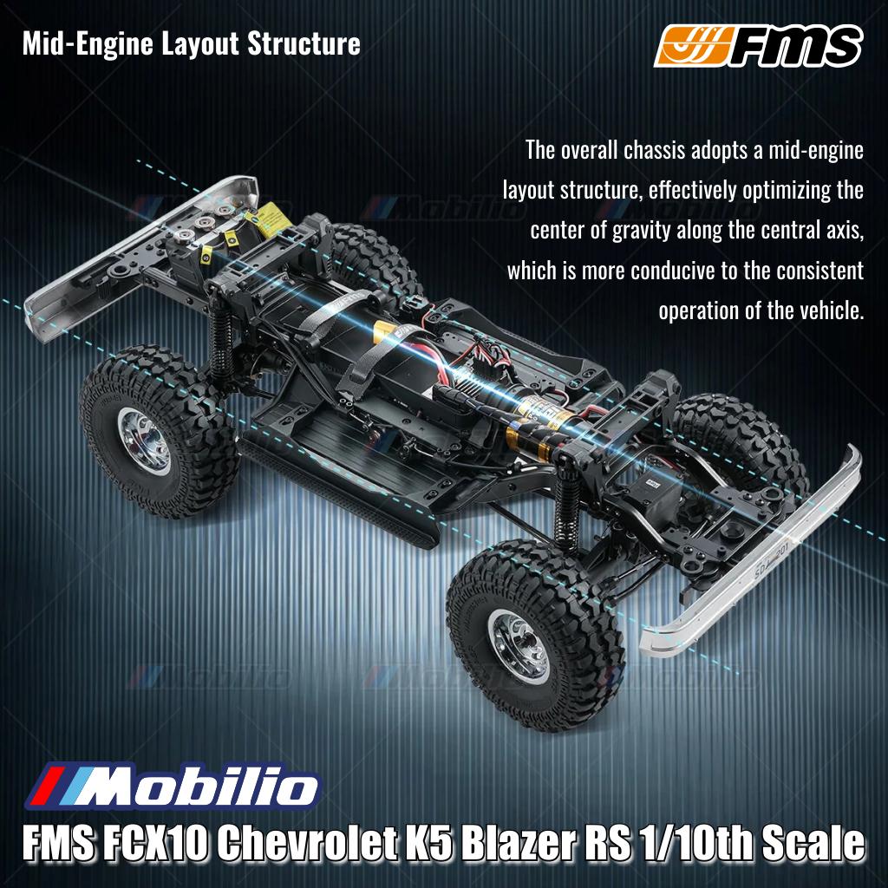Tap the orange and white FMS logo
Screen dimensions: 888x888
(x=758, y=47)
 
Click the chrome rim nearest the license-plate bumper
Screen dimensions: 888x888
(x=519, y=643)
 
